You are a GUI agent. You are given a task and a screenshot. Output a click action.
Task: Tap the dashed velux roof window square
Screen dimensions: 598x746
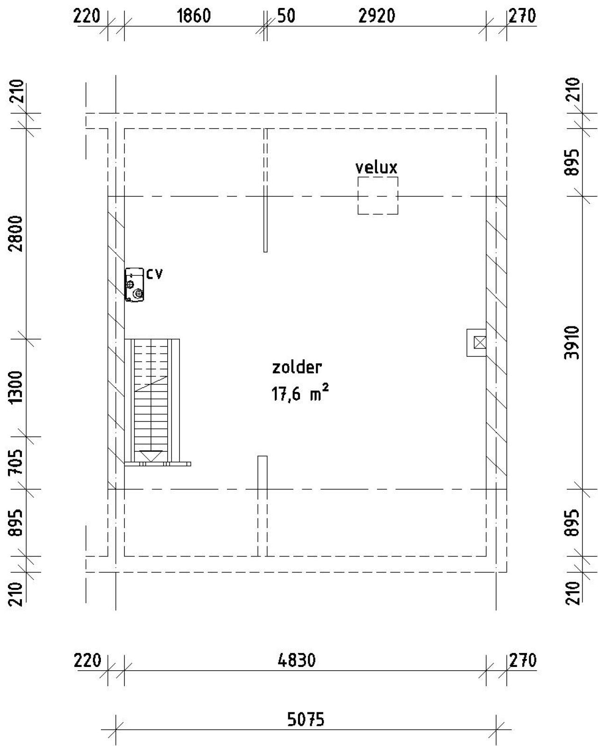378,177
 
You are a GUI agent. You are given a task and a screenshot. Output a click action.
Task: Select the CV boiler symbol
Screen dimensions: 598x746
134,285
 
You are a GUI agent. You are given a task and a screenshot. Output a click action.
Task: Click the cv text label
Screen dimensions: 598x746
154,274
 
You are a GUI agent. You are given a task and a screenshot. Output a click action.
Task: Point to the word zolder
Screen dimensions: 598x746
297,368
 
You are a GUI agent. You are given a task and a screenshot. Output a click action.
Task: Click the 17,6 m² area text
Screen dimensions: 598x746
300,393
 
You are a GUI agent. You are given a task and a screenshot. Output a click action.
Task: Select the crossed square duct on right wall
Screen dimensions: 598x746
480,342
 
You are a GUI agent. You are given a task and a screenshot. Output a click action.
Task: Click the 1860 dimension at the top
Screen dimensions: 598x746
193,16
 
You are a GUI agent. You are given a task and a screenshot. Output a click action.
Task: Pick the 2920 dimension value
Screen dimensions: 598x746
377,16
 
